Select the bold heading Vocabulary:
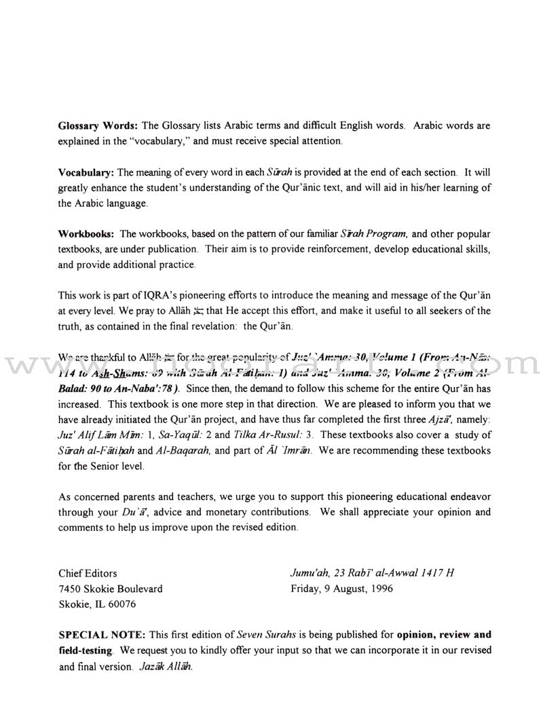[86, 174]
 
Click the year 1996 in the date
[379, 589]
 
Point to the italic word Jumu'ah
[310, 573]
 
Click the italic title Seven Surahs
[261, 635]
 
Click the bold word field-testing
[89, 651]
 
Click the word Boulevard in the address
[138, 589]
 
